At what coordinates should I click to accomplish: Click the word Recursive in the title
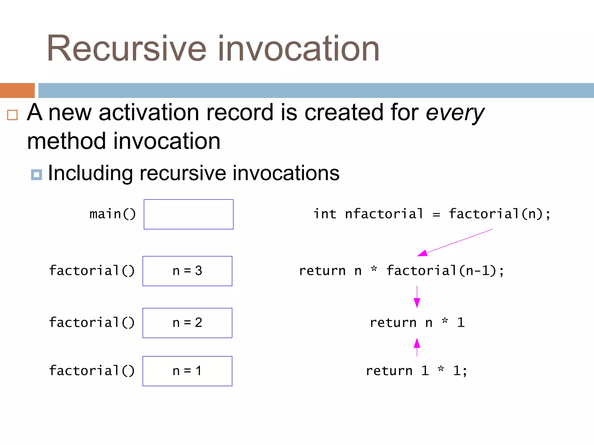126,48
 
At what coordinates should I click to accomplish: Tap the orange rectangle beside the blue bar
17,90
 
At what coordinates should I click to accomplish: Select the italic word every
455,113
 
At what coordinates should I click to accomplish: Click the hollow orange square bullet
12,115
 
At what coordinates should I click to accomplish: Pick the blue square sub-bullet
37,175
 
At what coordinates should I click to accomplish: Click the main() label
113,214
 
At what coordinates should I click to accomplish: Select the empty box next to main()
189,214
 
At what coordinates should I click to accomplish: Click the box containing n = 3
187,271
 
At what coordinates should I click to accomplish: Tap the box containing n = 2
187,323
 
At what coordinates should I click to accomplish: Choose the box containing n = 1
187,371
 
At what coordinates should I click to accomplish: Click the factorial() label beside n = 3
92,271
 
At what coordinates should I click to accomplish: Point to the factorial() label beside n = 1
92,371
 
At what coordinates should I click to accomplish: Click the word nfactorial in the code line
384,214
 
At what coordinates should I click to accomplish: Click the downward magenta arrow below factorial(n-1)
417,297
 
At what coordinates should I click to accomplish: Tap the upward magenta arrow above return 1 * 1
417,347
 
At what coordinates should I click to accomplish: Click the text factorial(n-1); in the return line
445,271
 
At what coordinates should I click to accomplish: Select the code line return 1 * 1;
416,371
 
